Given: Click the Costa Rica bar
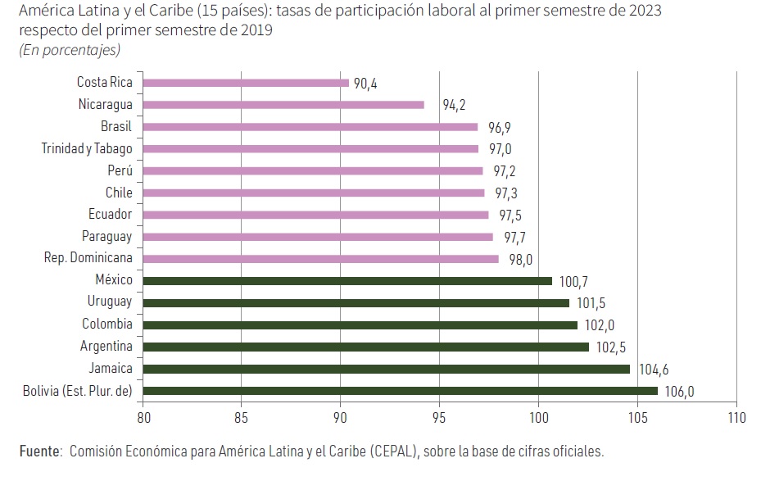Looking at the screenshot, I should point(246,83).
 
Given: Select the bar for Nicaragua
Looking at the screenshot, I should point(283,105).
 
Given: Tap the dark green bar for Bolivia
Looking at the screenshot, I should point(400,391).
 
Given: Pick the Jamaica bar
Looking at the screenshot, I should point(387,369).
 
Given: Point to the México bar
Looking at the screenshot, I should point(347,281).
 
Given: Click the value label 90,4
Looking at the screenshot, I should point(365,84).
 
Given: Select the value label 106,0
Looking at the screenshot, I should point(679,392).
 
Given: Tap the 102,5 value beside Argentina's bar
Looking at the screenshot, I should point(609,347).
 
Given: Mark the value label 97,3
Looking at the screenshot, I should point(505,193).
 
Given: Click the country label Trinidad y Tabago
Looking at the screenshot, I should point(88,148).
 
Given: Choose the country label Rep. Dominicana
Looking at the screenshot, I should point(88,258).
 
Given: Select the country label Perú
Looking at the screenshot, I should point(120,170).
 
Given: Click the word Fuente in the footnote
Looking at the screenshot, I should point(40,452).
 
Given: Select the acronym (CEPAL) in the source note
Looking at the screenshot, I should point(396,452).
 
